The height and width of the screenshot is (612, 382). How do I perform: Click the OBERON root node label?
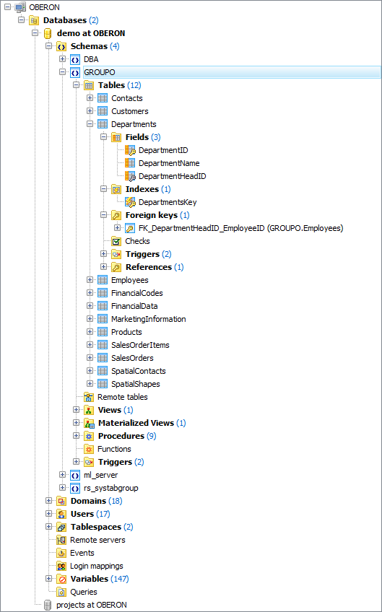click(45, 7)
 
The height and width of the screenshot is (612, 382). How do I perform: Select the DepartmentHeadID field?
click(172, 176)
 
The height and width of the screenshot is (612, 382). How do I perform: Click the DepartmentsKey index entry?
click(168, 202)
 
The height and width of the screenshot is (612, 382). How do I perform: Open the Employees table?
click(129, 280)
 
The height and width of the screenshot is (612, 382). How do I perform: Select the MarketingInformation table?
click(148, 319)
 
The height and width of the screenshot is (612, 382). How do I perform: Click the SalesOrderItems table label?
click(140, 345)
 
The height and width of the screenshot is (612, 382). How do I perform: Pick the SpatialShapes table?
click(135, 384)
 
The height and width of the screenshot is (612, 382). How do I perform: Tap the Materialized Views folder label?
click(136, 423)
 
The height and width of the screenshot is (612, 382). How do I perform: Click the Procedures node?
click(121, 436)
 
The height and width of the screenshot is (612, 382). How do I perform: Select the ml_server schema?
click(100, 475)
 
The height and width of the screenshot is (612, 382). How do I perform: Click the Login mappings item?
click(96, 566)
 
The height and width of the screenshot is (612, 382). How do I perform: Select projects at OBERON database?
click(91, 605)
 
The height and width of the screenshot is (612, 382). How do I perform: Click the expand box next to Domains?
click(49, 501)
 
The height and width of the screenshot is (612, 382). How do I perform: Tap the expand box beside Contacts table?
click(90, 98)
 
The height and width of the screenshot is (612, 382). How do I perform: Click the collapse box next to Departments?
click(90, 124)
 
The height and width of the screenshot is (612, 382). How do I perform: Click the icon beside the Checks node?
click(116, 241)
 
